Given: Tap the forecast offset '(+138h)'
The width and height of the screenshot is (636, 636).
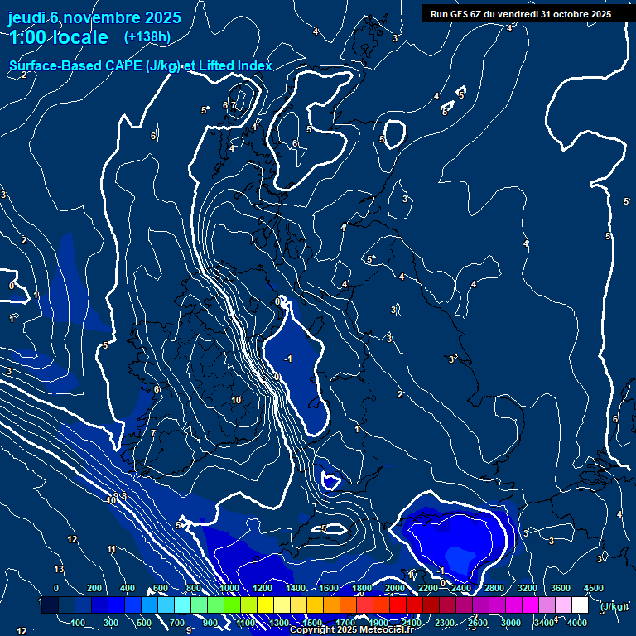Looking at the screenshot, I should click(x=147, y=36).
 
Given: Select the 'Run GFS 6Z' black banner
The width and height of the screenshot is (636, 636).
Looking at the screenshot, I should click(x=521, y=13).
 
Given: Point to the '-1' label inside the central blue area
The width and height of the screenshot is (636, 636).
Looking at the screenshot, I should click(x=287, y=359).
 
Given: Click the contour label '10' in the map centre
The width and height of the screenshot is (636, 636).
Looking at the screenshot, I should click(x=236, y=400).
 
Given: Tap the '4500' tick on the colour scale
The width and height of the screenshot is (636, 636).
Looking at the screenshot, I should click(x=593, y=588).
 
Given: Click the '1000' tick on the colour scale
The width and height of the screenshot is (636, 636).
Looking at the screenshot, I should click(x=229, y=588).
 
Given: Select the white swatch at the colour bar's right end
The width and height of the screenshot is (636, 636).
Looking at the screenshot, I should click(x=580, y=605).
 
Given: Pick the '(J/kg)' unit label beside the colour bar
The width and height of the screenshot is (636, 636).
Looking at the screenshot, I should click(x=613, y=606).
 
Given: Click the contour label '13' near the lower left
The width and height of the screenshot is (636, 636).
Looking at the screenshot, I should click(x=59, y=569).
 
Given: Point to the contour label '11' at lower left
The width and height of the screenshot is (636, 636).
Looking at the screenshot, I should click(x=111, y=549).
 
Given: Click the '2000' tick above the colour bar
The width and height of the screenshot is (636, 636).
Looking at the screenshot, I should click(x=394, y=588).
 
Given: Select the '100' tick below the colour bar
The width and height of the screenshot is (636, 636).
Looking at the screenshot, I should click(x=79, y=623).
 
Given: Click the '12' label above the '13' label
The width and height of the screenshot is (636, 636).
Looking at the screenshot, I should click(x=72, y=539).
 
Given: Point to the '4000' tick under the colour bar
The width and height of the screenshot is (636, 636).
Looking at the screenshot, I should click(x=577, y=623).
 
